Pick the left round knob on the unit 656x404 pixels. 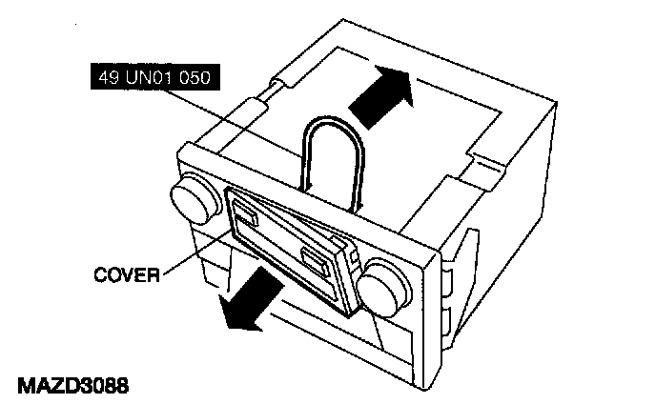point(191,199)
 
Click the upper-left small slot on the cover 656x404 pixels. point(244,212)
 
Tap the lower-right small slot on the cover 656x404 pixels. point(315,257)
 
